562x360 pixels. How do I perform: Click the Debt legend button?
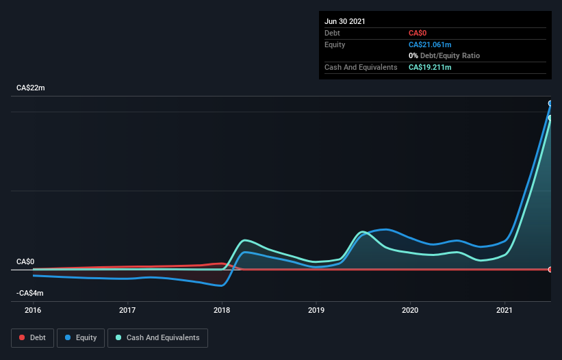pos(32,337)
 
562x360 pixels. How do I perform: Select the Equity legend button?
pos(81,337)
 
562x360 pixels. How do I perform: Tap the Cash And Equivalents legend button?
pos(157,337)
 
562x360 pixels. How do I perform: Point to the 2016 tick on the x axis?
pos(33,310)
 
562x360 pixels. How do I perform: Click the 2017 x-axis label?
pos(127,310)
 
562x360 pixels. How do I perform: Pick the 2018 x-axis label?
pos(222,310)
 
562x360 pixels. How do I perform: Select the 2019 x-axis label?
pos(316,310)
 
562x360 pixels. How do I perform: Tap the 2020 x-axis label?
pos(410,310)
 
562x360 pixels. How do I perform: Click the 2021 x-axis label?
pos(504,310)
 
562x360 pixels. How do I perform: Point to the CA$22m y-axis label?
pos(31,88)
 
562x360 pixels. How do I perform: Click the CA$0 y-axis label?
pos(25,261)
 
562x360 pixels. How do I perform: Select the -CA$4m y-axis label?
pos(30,293)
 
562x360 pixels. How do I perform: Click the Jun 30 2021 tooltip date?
pos(345,21)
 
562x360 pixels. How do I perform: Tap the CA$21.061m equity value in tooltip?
pos(430,44)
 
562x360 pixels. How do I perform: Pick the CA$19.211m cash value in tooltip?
pos(430,67)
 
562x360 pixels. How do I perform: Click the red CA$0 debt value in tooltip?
pos(418,33)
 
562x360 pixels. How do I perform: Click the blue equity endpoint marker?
pos(550,103)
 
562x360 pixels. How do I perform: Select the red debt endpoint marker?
pos(550,269)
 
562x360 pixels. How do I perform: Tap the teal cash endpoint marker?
pos(550,118)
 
